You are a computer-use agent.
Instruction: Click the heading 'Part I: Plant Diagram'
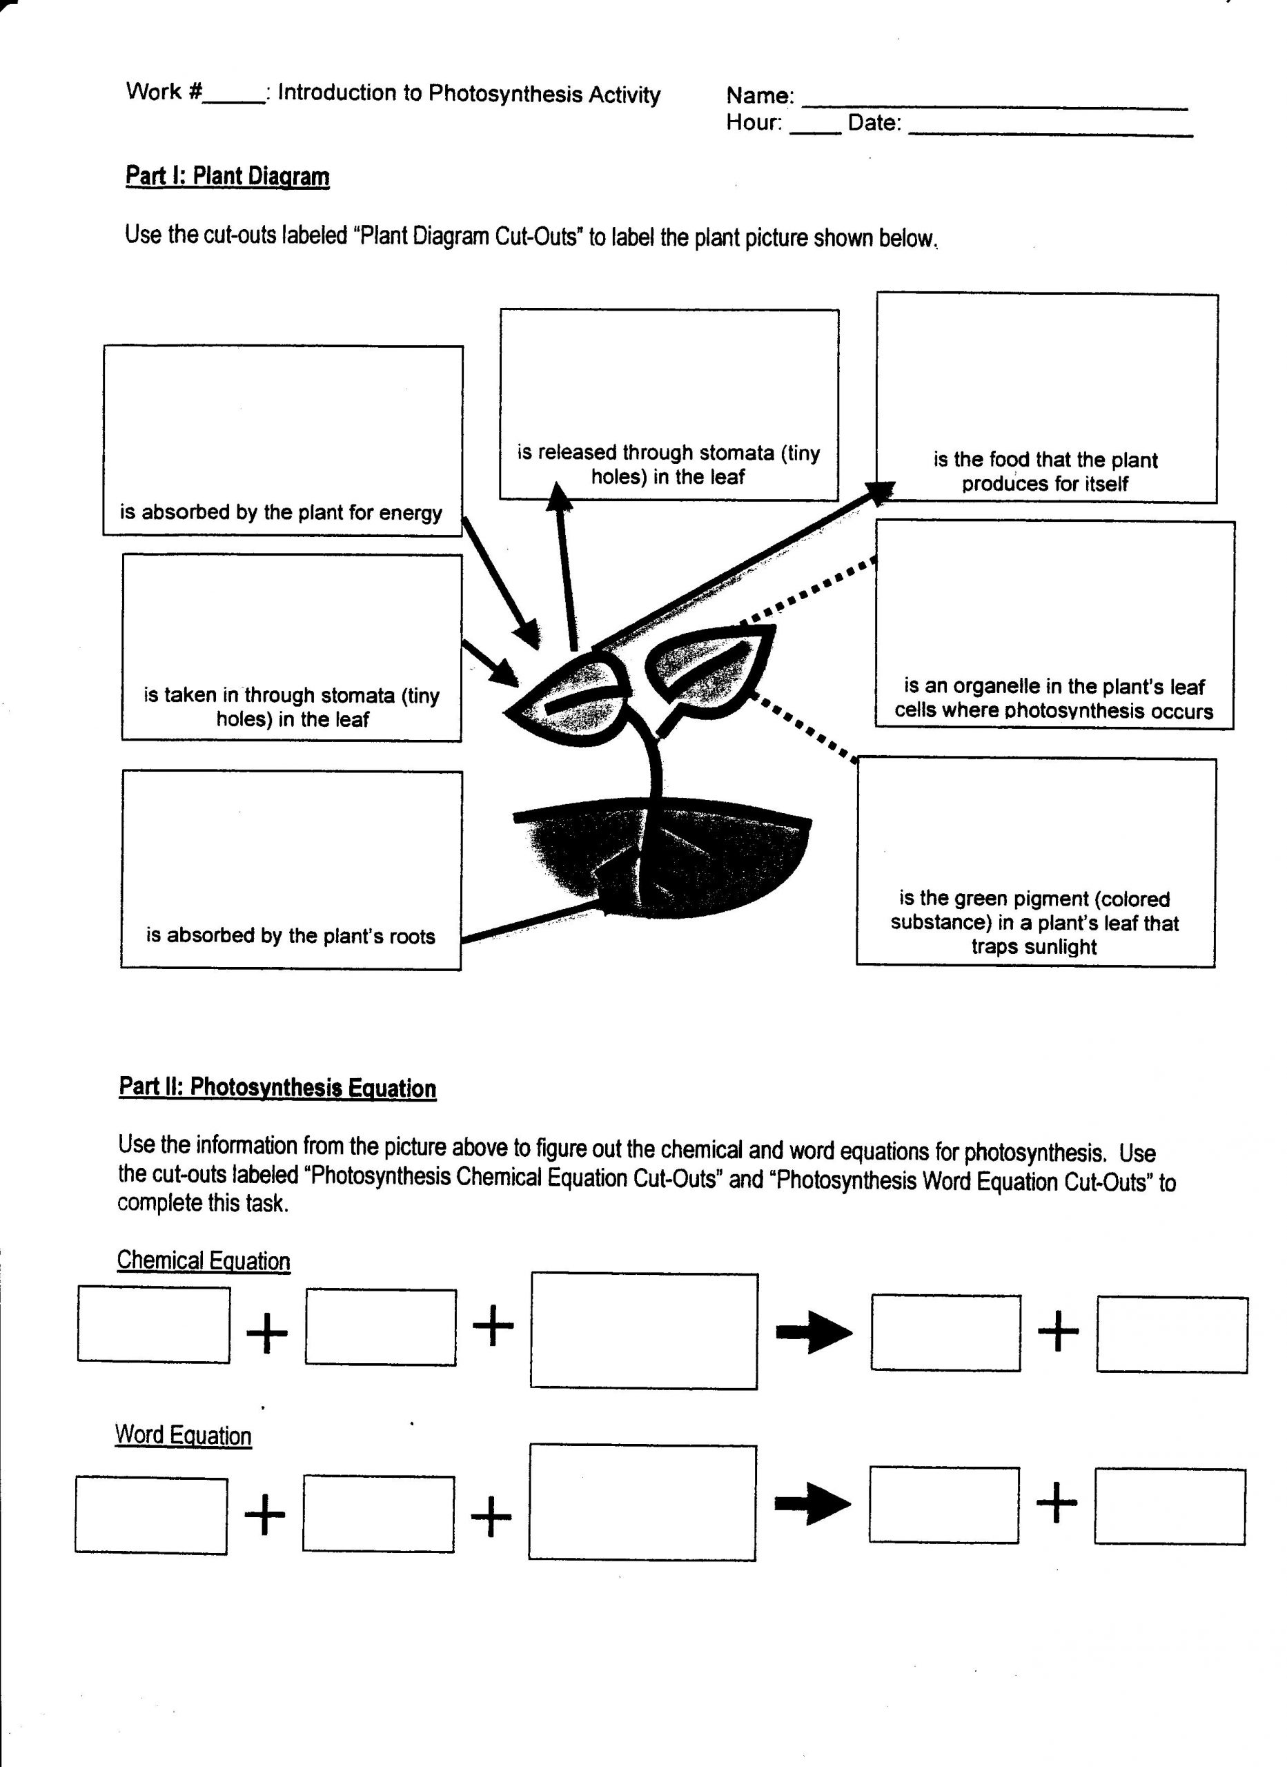227,176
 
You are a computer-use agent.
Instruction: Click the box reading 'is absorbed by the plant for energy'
283,441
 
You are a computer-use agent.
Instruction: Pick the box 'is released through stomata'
669,404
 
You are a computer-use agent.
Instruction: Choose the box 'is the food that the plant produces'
1047,398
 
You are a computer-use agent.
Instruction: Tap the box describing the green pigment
1036,863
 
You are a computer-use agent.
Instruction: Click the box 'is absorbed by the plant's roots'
291,870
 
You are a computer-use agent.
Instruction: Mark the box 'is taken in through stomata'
292,647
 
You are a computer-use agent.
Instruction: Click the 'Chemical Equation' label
204,1260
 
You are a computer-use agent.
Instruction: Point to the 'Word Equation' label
183,1435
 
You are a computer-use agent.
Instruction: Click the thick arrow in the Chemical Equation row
814,1332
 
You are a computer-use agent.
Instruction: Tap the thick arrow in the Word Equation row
812,1505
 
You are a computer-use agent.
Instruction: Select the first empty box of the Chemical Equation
153,1325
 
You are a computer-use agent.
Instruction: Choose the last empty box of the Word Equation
1170,1507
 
